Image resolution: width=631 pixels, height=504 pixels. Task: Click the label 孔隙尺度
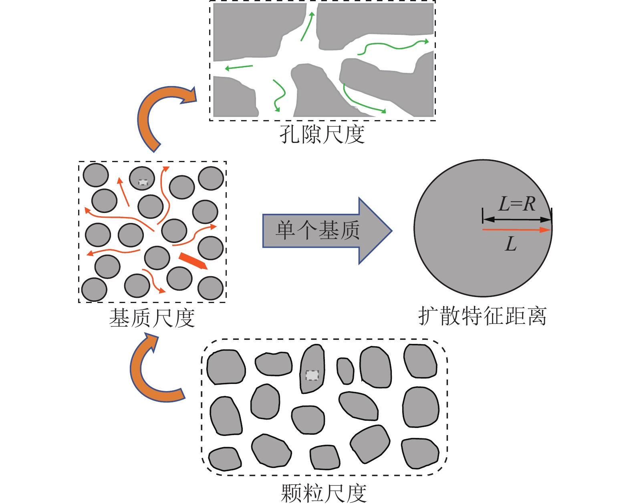pyautogui.click(x=322, y=135)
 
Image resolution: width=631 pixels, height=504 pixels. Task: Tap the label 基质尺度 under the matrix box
pyautogui.click(x=152, y=319)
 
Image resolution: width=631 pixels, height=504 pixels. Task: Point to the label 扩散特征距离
pyautogui.click(x=482, y=316)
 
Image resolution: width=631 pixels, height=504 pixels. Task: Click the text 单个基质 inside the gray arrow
pyautogui.click(x=318, y=231)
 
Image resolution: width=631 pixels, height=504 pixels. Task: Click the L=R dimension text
pyautogui.click(x=517, y=204)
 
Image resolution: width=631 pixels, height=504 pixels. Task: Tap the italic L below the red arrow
pyautogui.click(x=510, y=244)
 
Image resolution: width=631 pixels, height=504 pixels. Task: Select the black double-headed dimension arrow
pyautogui.click(x=517, y=219)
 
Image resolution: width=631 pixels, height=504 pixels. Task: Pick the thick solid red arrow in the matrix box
pyautogui.click(x=193, y=261)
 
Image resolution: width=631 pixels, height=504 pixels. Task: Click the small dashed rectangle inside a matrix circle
pyautogui.click(x=143, y=183)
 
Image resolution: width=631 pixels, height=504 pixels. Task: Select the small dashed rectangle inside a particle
pyautogui.click(x=312, y=375)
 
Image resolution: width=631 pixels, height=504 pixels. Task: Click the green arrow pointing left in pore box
pyautogui.click(x=239, y=67)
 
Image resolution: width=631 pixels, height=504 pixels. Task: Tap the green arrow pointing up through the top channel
pyautogui.click(x=308, y=26)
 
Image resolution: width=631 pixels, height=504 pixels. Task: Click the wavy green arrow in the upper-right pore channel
pyautogui.click(x=393, y=46)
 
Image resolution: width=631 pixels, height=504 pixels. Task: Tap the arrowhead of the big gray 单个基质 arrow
pyautogui.click(x=374, y=231)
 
